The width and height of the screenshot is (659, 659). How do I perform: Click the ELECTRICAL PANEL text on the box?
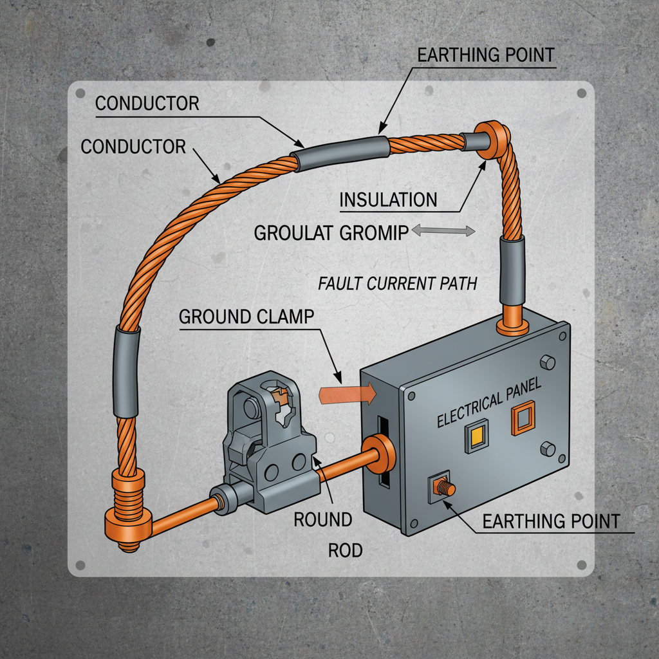click(x=490, y=404)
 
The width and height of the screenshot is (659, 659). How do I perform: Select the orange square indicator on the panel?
click(x=523, y=418)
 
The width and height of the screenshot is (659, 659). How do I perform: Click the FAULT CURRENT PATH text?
click(x=398, y=283)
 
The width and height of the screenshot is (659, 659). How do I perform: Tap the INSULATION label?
click(x=388, y=200)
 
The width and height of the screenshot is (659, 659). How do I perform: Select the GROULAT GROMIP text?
click(x=331, y=232)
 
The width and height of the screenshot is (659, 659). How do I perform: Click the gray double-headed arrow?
click(x=443, y=230)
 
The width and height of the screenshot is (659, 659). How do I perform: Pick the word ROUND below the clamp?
click(x=323, y=519)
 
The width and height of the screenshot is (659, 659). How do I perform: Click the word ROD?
click(x=346, y=550)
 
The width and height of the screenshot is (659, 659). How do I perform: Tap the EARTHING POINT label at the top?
click(x=486, y=55)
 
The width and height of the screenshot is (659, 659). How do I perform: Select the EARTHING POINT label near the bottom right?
click(x=551, y=521)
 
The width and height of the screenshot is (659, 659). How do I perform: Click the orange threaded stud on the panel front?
click(x=443, y=488)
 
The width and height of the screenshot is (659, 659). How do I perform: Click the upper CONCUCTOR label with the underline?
click(x=147, y=103)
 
